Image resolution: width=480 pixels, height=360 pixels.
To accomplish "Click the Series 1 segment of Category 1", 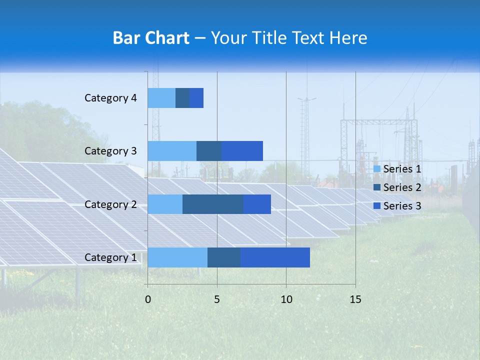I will [x=177, y=257].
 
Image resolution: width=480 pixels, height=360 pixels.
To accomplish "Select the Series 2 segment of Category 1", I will [x=224, y=257].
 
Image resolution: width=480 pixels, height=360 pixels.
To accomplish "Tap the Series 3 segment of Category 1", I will [x=275, y=257].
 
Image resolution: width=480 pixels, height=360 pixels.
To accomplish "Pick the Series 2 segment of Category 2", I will [x=213, y=204].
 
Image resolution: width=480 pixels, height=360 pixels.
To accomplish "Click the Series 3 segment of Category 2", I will [x=257, y=204].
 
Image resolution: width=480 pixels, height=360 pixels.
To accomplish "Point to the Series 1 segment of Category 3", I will [x=172, y=151].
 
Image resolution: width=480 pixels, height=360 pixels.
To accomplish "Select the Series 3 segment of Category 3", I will [x=242, y=151].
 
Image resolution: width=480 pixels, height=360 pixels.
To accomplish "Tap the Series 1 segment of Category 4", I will [x=161, y=98].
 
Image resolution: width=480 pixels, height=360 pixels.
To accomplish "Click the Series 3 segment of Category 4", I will [x=196, y=98].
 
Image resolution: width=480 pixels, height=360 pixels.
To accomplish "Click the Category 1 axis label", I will [x=110, y=257].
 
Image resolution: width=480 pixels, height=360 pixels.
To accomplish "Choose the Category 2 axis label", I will [x=110, y=204].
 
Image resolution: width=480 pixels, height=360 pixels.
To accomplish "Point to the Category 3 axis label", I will [x=110, y=151].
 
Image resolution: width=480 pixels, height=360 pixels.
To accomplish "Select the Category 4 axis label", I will [x=110, y=98].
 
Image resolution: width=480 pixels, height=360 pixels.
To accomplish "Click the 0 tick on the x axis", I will [x=148, y=299].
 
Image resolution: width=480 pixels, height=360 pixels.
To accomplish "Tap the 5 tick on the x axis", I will [x=217, y=299].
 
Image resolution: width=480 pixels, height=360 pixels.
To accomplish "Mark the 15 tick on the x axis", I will [x=355, y=299].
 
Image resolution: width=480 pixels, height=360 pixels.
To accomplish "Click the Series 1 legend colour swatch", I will [x=377, y=169].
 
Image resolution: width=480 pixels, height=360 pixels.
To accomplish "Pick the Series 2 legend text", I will [x=402, y=187].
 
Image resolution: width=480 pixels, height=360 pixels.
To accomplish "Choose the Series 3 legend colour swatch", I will [x=377, y=206].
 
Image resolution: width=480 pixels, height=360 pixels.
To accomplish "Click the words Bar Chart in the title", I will [x=151, y=38].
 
